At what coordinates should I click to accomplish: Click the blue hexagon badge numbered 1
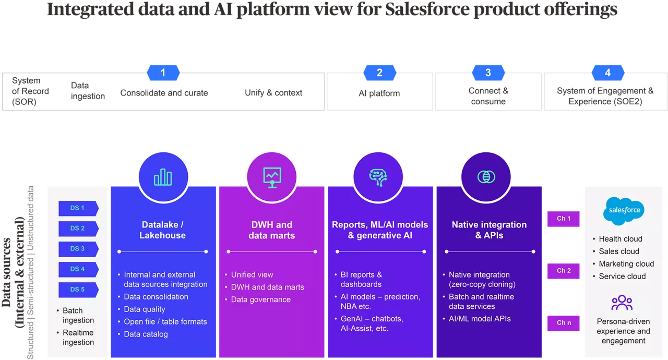click(163, 73)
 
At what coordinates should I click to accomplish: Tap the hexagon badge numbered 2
click(379, 73)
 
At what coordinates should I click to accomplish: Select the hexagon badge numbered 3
click(488, 73)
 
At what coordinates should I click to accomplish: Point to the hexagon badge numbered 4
click(607, 73)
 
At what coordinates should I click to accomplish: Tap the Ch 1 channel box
click(563, 219)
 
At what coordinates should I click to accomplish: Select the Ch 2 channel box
click(563, 271)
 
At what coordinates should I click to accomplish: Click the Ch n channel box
click(563, 323)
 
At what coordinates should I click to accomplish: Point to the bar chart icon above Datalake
click(163, 177)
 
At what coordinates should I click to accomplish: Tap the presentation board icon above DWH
click(271, 177)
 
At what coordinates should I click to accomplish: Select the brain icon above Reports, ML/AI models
click(378, 177)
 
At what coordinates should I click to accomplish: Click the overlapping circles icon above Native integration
click(486, 177)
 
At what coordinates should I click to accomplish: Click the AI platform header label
click(379, 93)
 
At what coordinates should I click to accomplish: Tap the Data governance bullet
click(260, 299)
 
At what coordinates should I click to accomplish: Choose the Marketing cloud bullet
click(626, 264)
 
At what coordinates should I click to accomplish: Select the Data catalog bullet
click(146, 334)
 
